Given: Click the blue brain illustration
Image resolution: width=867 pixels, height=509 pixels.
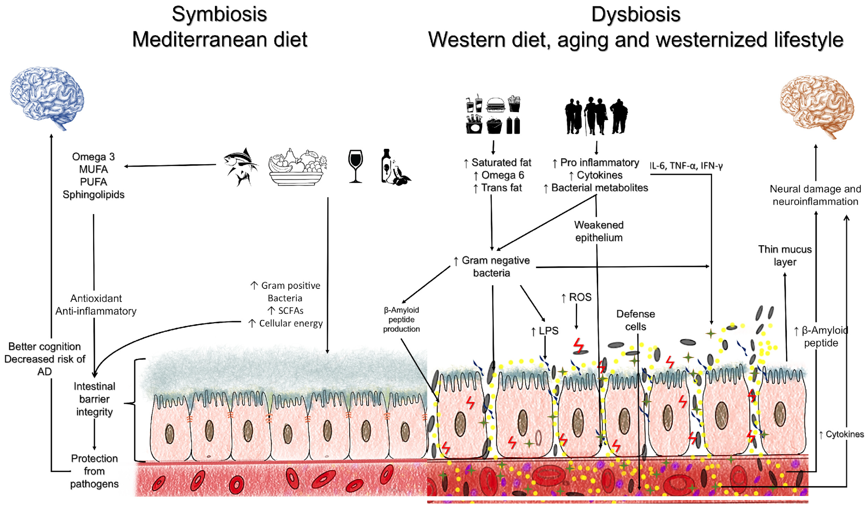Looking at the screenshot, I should [x=47, y=98].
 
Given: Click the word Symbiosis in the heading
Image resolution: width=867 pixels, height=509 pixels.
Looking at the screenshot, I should [x=219, y=14].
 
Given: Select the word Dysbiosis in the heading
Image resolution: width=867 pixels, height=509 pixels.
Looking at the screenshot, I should [x=636, y=14].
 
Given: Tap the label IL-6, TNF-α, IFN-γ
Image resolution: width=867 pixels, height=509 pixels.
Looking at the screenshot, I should [x=686, y=166].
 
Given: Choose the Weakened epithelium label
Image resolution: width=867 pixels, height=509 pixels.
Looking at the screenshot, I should [x=599, y=231].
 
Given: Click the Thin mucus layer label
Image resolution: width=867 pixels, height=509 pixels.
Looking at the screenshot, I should [x=785, y=255].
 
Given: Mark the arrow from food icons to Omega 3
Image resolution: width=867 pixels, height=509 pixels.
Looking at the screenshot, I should [x=170, y=166].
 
